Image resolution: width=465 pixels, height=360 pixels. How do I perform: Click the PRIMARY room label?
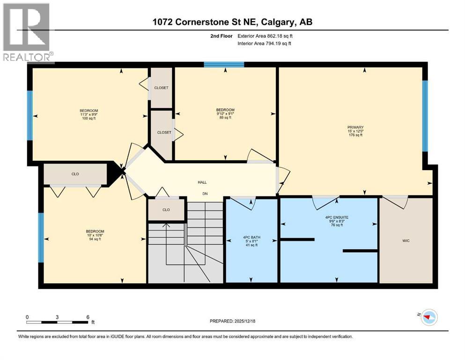(359, 127)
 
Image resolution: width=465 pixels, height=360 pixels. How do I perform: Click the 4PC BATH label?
(251, 237)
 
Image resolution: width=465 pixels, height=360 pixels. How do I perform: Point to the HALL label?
(202, 182)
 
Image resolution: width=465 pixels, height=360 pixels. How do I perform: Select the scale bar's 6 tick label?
(88, 317)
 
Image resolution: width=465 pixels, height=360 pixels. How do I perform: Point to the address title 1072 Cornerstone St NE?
(232, 22)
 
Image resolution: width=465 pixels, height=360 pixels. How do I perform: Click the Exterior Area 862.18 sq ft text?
(269, 36)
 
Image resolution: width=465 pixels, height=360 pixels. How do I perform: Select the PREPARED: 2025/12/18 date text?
(232, 321)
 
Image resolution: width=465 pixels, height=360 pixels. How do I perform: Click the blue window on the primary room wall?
(425, 116)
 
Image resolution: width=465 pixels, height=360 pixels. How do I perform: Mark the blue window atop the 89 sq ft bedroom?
(224, 65)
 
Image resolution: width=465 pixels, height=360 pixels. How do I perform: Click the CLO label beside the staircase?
(166, 210)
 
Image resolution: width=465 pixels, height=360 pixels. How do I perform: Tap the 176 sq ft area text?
(359, 135)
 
